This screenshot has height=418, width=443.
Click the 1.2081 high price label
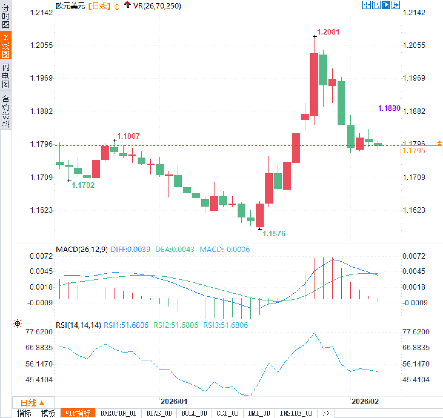pyautogui.click(x=328, y=32)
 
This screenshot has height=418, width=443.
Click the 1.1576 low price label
pyautogui.click(x=274, y=234)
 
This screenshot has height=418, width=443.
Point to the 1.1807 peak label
pyautogui.click(x=128, y=136)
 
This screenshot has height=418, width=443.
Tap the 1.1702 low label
pyautogui.click(x=83, y=185)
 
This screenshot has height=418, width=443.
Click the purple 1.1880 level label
pyautogui.click(x=389, y=108)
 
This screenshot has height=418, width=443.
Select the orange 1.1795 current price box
pyautogui.click(x=421, y=151)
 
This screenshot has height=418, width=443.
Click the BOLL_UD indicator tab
pyautogui.click(x=194, y=413)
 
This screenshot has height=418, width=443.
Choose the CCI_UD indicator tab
pyautogui.click(x=227, y=413)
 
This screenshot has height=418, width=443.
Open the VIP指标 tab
pyautogui.click(x=78, y=413)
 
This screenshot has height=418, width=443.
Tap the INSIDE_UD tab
pyautogui.click(x=296, y=413)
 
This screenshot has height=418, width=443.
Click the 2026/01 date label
pyautogui.click(x=174, y=402)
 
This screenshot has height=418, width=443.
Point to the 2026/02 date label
pyautogui.click(x=365, y=402)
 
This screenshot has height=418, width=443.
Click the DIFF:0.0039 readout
pyautogui.click(x=130, y=250)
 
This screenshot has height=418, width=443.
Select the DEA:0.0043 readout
pyautogui.click(x=175, y=250)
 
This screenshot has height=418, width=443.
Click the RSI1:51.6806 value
pyautogui.click(x=126, y=325)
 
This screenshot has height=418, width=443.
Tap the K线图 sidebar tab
pyautogui.click(x=6, y=46)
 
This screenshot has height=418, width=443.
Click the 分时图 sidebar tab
pyautogui.click(x=6, y=16)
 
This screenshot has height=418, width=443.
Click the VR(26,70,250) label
pyautogui.click(x=157, y=6)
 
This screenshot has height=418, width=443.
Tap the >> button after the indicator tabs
pyautogui.click(x=326, y=413)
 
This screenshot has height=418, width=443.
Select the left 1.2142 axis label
pyautogui.click(x=41, y=13)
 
